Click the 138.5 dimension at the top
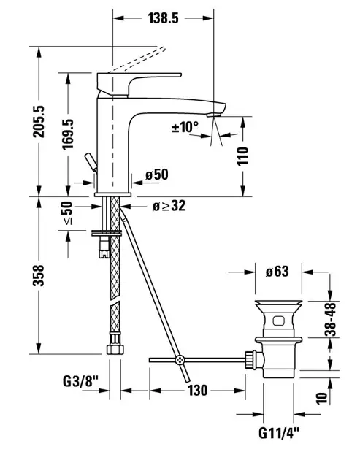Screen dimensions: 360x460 (x=163, y=18)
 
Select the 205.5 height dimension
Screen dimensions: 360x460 (x=39, y=121)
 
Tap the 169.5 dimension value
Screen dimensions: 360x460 (x=68, y=134)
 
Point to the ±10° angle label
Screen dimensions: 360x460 (x=185, y=127)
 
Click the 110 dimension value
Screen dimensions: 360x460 (x=242, y=156)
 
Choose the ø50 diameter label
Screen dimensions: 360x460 (x=157, y=175)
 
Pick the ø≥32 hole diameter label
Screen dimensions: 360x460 (x=169, y=206)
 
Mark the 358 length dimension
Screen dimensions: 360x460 (x=39, y=275)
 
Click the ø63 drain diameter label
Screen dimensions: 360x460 (x=277, y=272)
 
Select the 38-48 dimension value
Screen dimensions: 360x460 (x=330, y=319)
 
